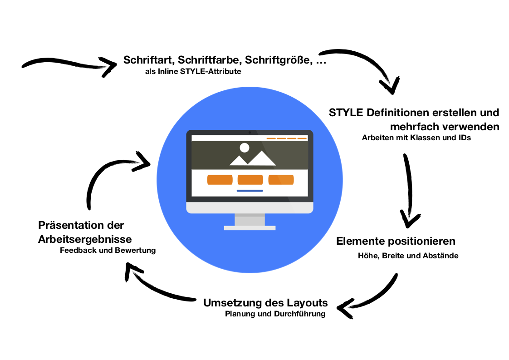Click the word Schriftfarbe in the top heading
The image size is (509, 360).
(206, 60)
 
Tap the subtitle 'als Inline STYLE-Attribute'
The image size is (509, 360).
(193, 72)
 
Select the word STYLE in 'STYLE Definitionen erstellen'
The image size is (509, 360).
(345, 112)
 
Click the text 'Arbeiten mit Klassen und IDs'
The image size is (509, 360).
(416, 138)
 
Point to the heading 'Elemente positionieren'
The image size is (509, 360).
(396, 241)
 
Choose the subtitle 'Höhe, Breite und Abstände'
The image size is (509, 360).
(408, 256)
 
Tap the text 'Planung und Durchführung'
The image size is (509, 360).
(275, 314)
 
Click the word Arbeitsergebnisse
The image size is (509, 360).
(85, 239)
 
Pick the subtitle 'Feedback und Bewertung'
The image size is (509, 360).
(108, 250)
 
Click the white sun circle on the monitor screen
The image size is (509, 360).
(245, 148)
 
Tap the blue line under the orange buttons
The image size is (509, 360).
(250, 191)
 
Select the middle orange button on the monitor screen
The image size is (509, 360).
(250, 180)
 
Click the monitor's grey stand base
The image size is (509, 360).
(250, 228)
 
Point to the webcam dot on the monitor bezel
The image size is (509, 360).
(250, 133)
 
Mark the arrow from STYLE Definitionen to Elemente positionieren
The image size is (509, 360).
(409, 191)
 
